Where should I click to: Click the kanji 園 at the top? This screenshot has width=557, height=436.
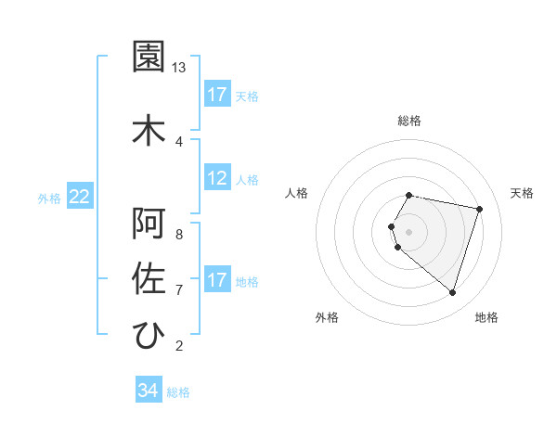149,58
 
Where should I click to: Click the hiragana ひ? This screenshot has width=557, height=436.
149,335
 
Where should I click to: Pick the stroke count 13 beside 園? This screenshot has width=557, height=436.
179,68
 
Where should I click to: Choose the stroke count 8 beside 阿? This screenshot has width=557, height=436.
178,234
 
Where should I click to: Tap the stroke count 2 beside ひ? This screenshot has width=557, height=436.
178,346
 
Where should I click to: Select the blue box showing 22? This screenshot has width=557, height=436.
80,197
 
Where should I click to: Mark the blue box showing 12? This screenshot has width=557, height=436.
217,178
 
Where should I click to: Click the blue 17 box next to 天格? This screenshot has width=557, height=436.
217,95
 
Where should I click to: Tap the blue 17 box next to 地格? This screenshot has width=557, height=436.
217,280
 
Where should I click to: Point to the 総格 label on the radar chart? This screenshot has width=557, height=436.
409,121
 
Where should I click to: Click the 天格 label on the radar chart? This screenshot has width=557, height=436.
523,193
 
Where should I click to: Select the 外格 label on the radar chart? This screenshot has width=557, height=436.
327,317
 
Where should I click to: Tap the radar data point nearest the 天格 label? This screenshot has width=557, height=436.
479,209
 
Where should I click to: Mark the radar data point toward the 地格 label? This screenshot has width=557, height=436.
452,293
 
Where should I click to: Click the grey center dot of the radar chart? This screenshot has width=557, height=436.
409,231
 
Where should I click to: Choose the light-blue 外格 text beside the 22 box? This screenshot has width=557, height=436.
49,198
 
